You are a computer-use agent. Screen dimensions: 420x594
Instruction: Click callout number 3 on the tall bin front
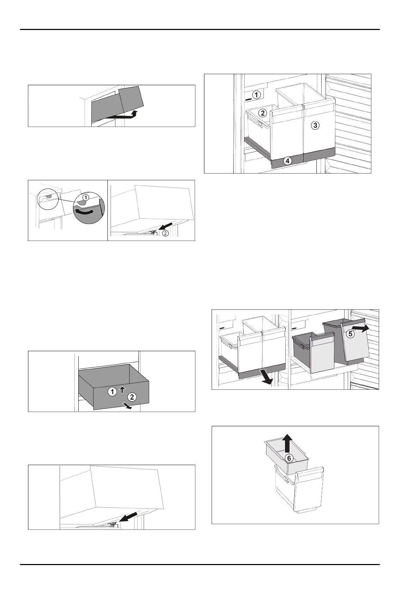coord(315,125)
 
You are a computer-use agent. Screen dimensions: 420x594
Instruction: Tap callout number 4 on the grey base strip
coord(288,161)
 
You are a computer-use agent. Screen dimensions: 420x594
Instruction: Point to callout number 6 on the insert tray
coord(288,458)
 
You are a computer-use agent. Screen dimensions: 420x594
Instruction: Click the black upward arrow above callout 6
coord(288,442)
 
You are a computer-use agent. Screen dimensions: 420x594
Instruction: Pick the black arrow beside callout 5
coord(361,328)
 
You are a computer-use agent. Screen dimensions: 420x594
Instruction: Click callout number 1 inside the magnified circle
coord(85,197)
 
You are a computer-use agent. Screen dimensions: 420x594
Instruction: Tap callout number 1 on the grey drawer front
coord(112,392)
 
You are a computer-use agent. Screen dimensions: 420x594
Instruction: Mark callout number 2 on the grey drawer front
coord(132,397)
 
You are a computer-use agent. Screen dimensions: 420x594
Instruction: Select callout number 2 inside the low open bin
coord(262,113)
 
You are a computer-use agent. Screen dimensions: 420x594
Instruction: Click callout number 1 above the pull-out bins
coord(257,95)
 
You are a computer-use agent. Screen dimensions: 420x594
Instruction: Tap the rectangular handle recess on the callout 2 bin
coord(260,124)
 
